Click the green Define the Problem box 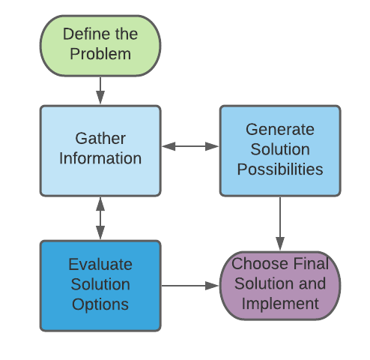click(x=100, y=46)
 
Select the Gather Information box click(x=100, y=151)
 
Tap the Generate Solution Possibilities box click(x=280, y=151)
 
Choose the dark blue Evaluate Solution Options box click(x=100, y=286)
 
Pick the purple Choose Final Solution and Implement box click(x=280, y=286)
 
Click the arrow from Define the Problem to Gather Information click(x=100, y=90)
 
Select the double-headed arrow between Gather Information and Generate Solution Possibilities click(x=190, y=146)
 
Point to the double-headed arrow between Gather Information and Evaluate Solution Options click(x=100, y=218)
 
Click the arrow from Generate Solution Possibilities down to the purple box click(x=280, y=223)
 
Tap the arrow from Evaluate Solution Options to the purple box click(x=190, y=286)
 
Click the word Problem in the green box click(x=100, y=54)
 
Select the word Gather click(x=100, y=138)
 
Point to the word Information click(x=100, y=158)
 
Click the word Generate click(x=280, y=130)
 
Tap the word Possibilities click(x=280, y=169)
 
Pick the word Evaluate click(x=100, y=265)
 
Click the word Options click(x=100, y=304)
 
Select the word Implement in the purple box click(x=280, y=304)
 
